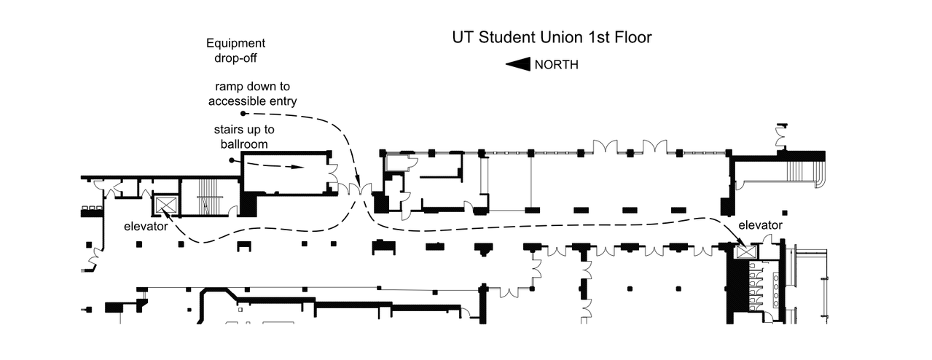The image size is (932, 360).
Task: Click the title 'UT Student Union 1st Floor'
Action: [x=552, y=37]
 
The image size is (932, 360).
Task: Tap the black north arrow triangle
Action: [x=518, y=64]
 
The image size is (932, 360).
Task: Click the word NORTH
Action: [x=556, y=65]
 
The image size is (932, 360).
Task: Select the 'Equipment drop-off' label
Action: [x=235, y=50]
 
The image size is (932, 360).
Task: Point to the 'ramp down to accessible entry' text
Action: [x=253, y=93]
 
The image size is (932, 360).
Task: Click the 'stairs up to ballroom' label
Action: [x=244, y=137]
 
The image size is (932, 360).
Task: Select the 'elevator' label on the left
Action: [x=146, y=227]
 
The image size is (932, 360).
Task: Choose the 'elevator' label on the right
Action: [x=760, y=225]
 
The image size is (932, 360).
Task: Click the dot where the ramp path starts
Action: [x=243, y=113]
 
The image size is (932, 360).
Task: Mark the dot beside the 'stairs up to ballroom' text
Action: [x=232, y=160]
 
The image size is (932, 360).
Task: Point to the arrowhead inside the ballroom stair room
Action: [x=297, y=167]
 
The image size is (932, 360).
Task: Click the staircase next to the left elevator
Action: [x=209, y=197]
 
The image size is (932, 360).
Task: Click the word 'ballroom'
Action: [x=244, y=144]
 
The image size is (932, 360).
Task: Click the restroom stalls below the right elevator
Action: [x=756, y=286]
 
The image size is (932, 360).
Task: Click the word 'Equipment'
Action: [x=235, y=43]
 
